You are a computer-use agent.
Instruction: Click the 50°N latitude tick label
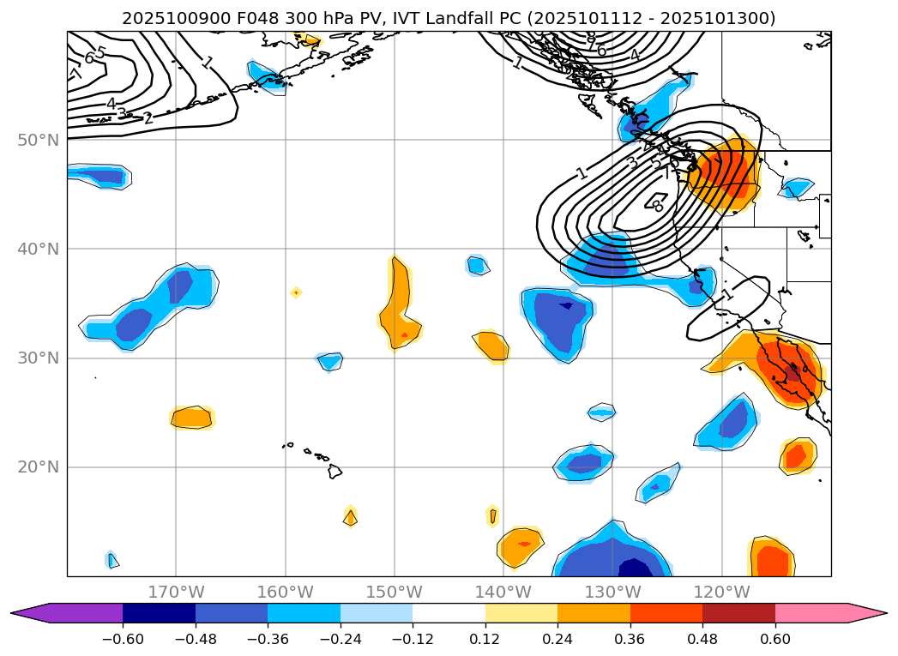coord(39,140)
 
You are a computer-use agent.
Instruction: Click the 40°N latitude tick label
coord(39,249)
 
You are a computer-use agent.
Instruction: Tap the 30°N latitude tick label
coord(39,358)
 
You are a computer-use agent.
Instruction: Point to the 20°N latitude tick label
coord(39,467)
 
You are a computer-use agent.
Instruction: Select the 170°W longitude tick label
coord(176,592)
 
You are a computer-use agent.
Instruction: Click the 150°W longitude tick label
coord(395,592)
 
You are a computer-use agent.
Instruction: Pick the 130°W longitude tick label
coord(612,592)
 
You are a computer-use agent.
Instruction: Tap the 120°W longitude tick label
coord(721,592)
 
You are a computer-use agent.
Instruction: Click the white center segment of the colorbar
coord(449,612)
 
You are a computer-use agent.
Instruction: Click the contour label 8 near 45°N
coord(659,206)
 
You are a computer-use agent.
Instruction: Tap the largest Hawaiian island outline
coord(334,471)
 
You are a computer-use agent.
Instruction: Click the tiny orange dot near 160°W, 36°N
coord(296,292)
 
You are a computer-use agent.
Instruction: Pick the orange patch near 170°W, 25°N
coord(191,418)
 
